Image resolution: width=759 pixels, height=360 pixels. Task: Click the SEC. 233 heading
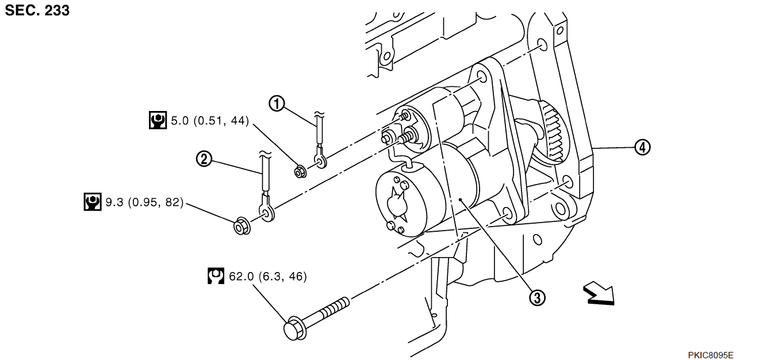37,10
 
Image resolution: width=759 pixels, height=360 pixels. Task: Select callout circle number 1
277,104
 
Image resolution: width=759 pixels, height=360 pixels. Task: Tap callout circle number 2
204,159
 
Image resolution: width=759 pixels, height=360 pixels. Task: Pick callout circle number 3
538,298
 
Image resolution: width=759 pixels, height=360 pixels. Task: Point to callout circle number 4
642,147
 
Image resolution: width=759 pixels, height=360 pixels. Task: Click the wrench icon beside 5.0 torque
158,120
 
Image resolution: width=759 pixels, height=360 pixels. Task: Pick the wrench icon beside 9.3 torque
93,202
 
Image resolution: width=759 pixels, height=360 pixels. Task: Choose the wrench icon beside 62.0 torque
216,276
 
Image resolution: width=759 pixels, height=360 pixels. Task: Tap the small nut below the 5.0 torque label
300,172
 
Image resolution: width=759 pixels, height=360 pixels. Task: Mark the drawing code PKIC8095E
711,355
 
